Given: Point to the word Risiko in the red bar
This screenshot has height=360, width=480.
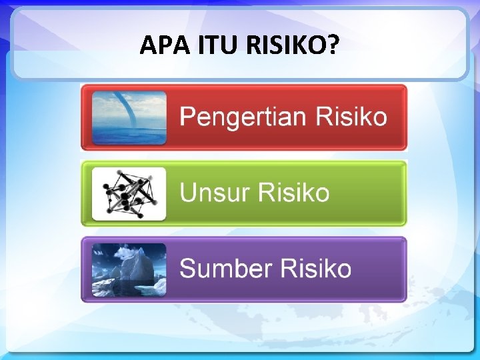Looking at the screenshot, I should click(x=351, y=117).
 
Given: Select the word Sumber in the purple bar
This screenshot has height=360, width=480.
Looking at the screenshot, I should click(x=225, y=269).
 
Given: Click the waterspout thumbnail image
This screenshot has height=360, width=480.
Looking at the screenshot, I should click(x=129, y=118).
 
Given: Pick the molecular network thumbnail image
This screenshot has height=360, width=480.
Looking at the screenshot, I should click(x=129, y=193).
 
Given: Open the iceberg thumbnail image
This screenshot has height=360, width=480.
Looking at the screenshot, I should click(x=129, y=269).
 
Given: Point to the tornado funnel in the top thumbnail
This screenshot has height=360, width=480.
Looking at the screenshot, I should click(x=124, y=107).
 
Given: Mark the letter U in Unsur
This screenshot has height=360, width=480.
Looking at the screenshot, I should click(x=189, y=193).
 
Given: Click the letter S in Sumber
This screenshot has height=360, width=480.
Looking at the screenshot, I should click(x=189, y=269).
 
